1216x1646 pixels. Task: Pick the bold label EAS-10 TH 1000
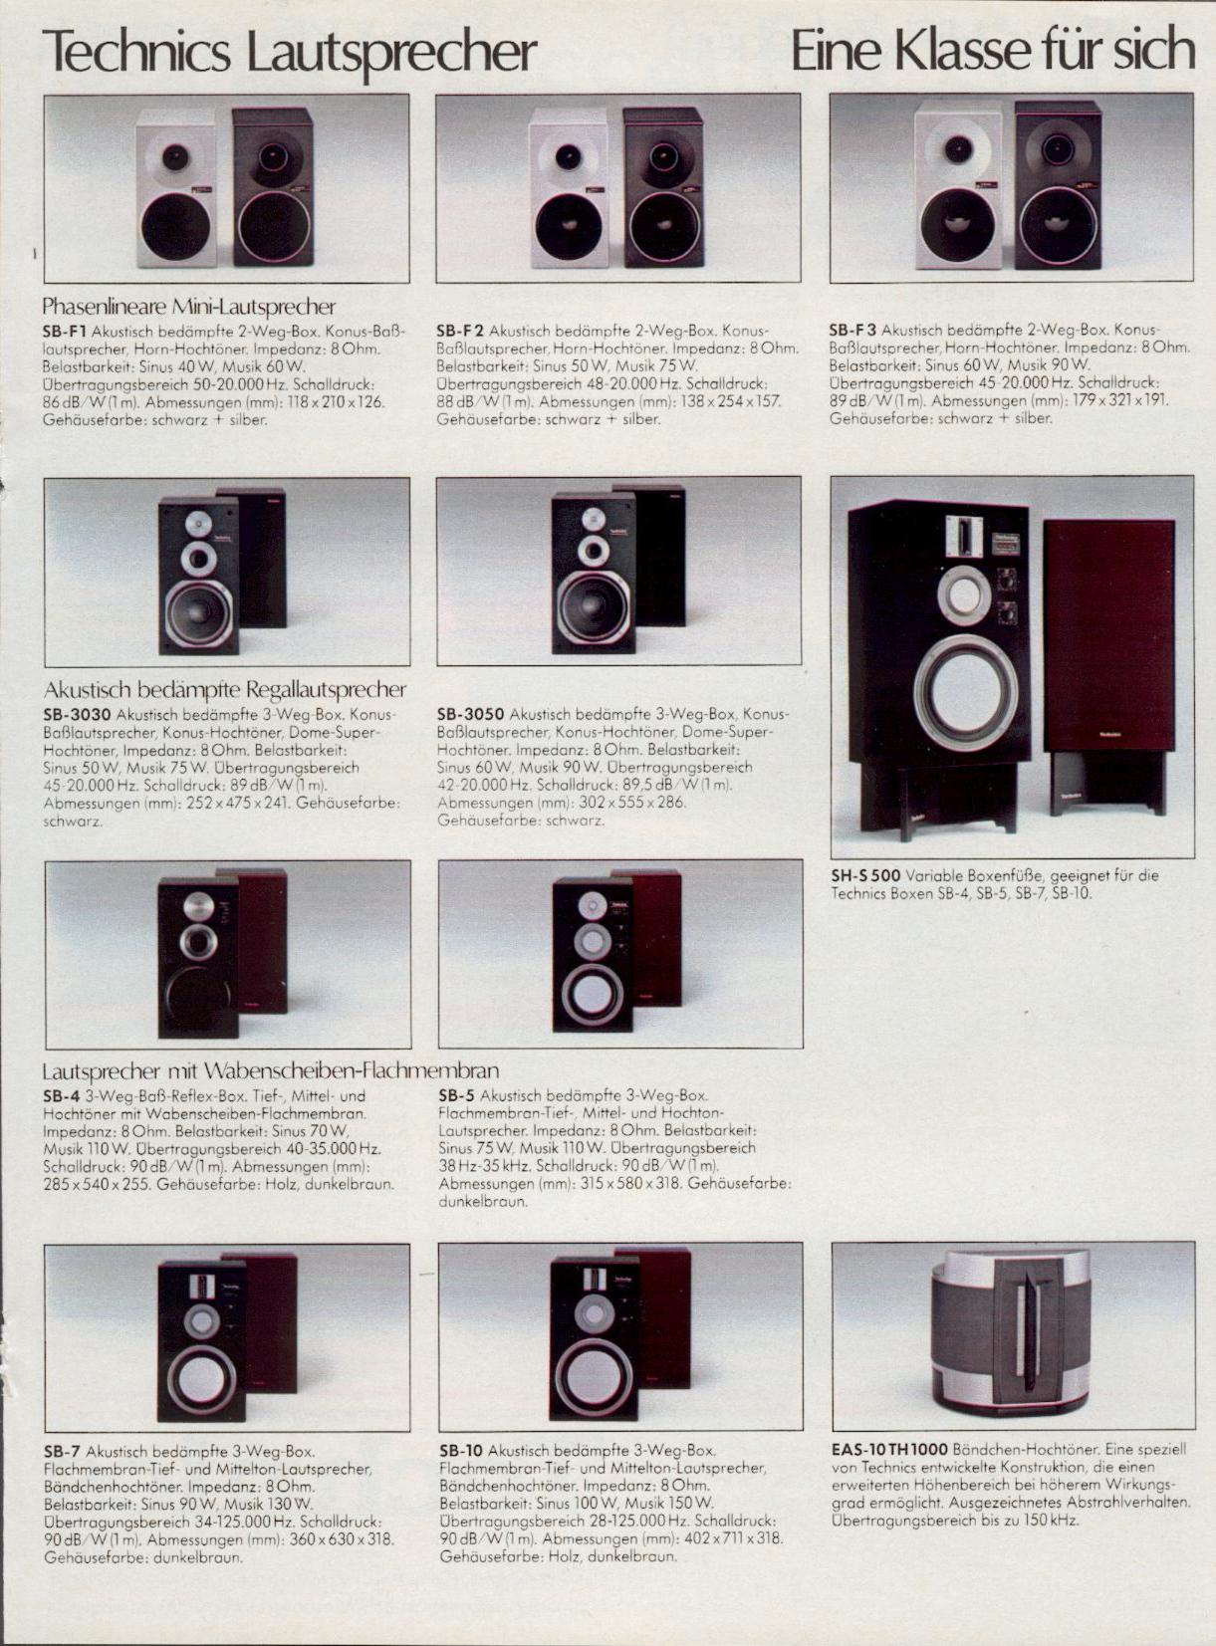888,1450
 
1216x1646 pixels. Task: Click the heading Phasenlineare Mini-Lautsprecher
189,307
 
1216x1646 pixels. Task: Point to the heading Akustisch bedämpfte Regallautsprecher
225,690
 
